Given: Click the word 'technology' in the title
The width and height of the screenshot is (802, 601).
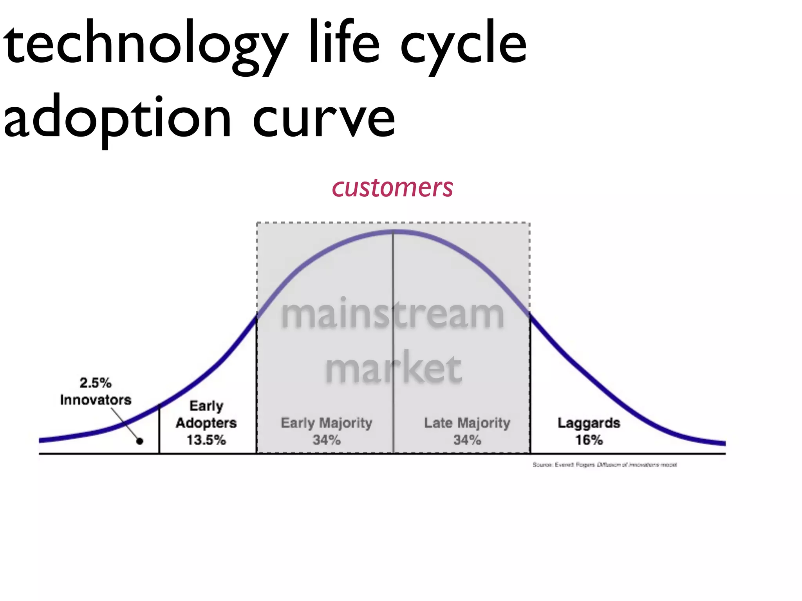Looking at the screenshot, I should tap(145, 43).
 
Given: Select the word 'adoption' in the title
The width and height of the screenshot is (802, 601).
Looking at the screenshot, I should tap(117, 117).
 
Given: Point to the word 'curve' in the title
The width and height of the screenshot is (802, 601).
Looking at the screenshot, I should tap(324, 117).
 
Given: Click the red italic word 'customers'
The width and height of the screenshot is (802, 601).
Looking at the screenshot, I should tap(392, 188).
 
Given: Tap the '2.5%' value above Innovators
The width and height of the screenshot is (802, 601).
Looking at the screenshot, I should tap(96, 383).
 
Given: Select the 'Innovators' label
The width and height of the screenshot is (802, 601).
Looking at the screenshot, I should tap(96, 400).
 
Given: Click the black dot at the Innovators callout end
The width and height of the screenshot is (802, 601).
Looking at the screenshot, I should tap(140, 441).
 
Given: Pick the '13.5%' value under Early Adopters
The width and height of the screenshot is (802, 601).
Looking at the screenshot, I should tap(206, 440).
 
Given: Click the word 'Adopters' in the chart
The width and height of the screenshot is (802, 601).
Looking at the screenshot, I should tap(206, 423).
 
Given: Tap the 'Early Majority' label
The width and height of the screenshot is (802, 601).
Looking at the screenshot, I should tap(326, 423).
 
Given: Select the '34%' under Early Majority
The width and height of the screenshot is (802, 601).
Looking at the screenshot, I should tap(326, 440).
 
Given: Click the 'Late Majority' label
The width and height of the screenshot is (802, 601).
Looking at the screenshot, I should tap(467, 423).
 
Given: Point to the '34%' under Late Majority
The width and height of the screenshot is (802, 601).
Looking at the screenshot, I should tap(467, 440).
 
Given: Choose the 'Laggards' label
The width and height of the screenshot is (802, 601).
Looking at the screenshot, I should tap(589, 423).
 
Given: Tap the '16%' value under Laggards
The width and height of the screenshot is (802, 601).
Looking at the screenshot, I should tap(589, 440).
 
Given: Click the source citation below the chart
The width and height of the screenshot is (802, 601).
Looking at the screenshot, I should tap(604, 465).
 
